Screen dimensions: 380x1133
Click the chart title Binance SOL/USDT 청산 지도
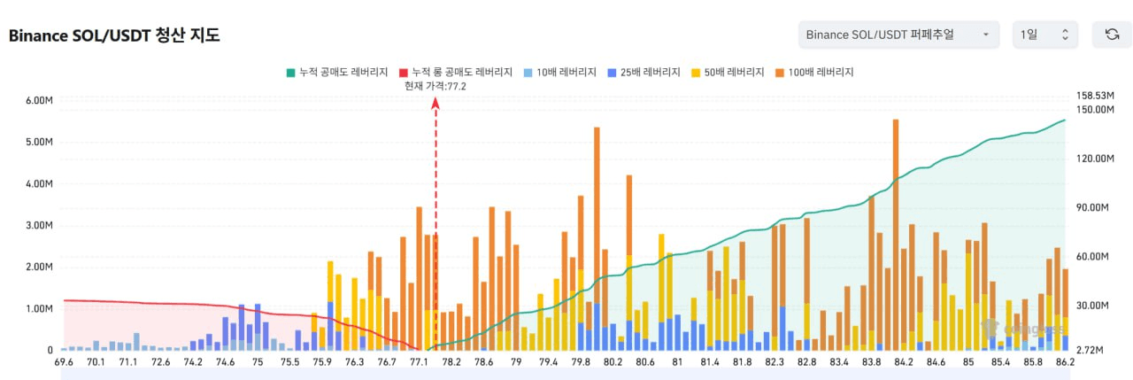(114, 35)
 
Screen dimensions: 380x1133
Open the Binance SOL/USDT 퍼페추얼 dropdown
(898, 35)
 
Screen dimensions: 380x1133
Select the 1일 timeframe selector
(1045, 35)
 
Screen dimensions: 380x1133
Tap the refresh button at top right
(1112, 35)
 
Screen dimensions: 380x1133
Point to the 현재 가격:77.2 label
(435, 86)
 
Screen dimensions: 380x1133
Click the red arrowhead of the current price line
(435, 104)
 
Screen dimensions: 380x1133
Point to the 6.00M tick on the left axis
(40, 100)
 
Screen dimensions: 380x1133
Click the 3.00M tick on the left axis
(40, 226)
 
